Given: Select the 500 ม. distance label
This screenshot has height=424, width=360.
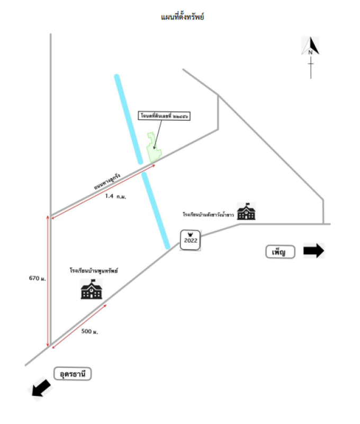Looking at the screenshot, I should coord(90,332).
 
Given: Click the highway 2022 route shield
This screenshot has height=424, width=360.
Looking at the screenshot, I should coord(190,240).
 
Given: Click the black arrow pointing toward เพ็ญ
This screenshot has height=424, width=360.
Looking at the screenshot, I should coord(313,251).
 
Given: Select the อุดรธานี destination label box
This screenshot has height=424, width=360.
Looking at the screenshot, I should coord(73,374).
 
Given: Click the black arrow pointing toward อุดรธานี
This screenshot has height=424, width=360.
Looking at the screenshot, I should coord(42,390).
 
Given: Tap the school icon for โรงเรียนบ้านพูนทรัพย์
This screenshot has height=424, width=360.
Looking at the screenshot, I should coord(92,289).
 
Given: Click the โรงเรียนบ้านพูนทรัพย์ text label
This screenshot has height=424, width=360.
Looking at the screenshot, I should coord(93,270).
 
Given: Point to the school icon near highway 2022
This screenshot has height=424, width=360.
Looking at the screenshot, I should coord(246,211).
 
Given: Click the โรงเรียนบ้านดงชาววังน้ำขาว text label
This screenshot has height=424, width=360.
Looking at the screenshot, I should coord(208,215).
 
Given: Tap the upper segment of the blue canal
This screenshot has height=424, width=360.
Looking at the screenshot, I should coord(129,118).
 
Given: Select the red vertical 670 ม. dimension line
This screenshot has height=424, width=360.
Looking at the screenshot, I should coord(49,281).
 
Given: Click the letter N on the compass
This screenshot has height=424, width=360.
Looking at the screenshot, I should coord(310,52).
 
